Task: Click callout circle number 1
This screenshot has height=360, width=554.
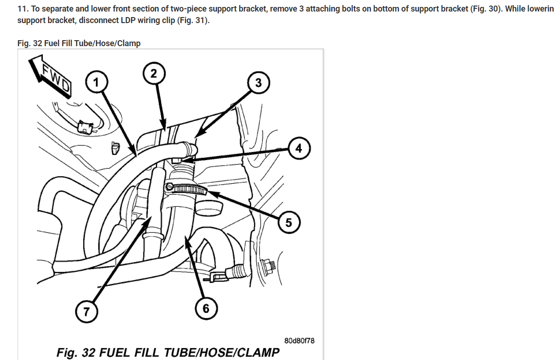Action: point(96,83)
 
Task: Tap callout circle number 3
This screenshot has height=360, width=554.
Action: point(258,83)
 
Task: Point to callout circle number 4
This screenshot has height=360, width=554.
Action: point(299,149)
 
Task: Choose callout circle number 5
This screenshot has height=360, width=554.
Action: point(289,223)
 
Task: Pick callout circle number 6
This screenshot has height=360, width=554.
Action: point(206,308)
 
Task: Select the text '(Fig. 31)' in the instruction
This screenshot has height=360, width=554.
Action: point(193,21)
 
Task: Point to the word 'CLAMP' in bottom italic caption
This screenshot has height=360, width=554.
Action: point(258,353)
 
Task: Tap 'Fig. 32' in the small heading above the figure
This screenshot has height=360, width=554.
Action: point(30,43)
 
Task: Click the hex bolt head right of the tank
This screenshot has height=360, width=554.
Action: point(267,265)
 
